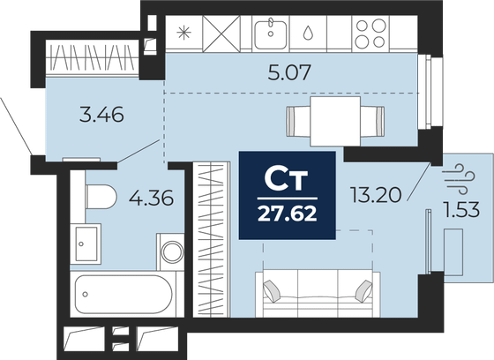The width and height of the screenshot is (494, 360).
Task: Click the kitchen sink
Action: (x=271, y=34)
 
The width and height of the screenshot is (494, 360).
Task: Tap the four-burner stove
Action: (x=369, y=34)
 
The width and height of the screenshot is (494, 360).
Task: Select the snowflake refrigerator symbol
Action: (x=183, y=34)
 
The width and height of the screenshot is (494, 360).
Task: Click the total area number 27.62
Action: (x=288, y=211)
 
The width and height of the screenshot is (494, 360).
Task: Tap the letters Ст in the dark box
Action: (x=287, y=180)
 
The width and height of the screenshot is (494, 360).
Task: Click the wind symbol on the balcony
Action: (x=457, y=172)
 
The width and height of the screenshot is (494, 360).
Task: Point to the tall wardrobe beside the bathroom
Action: (x=212, y=238)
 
